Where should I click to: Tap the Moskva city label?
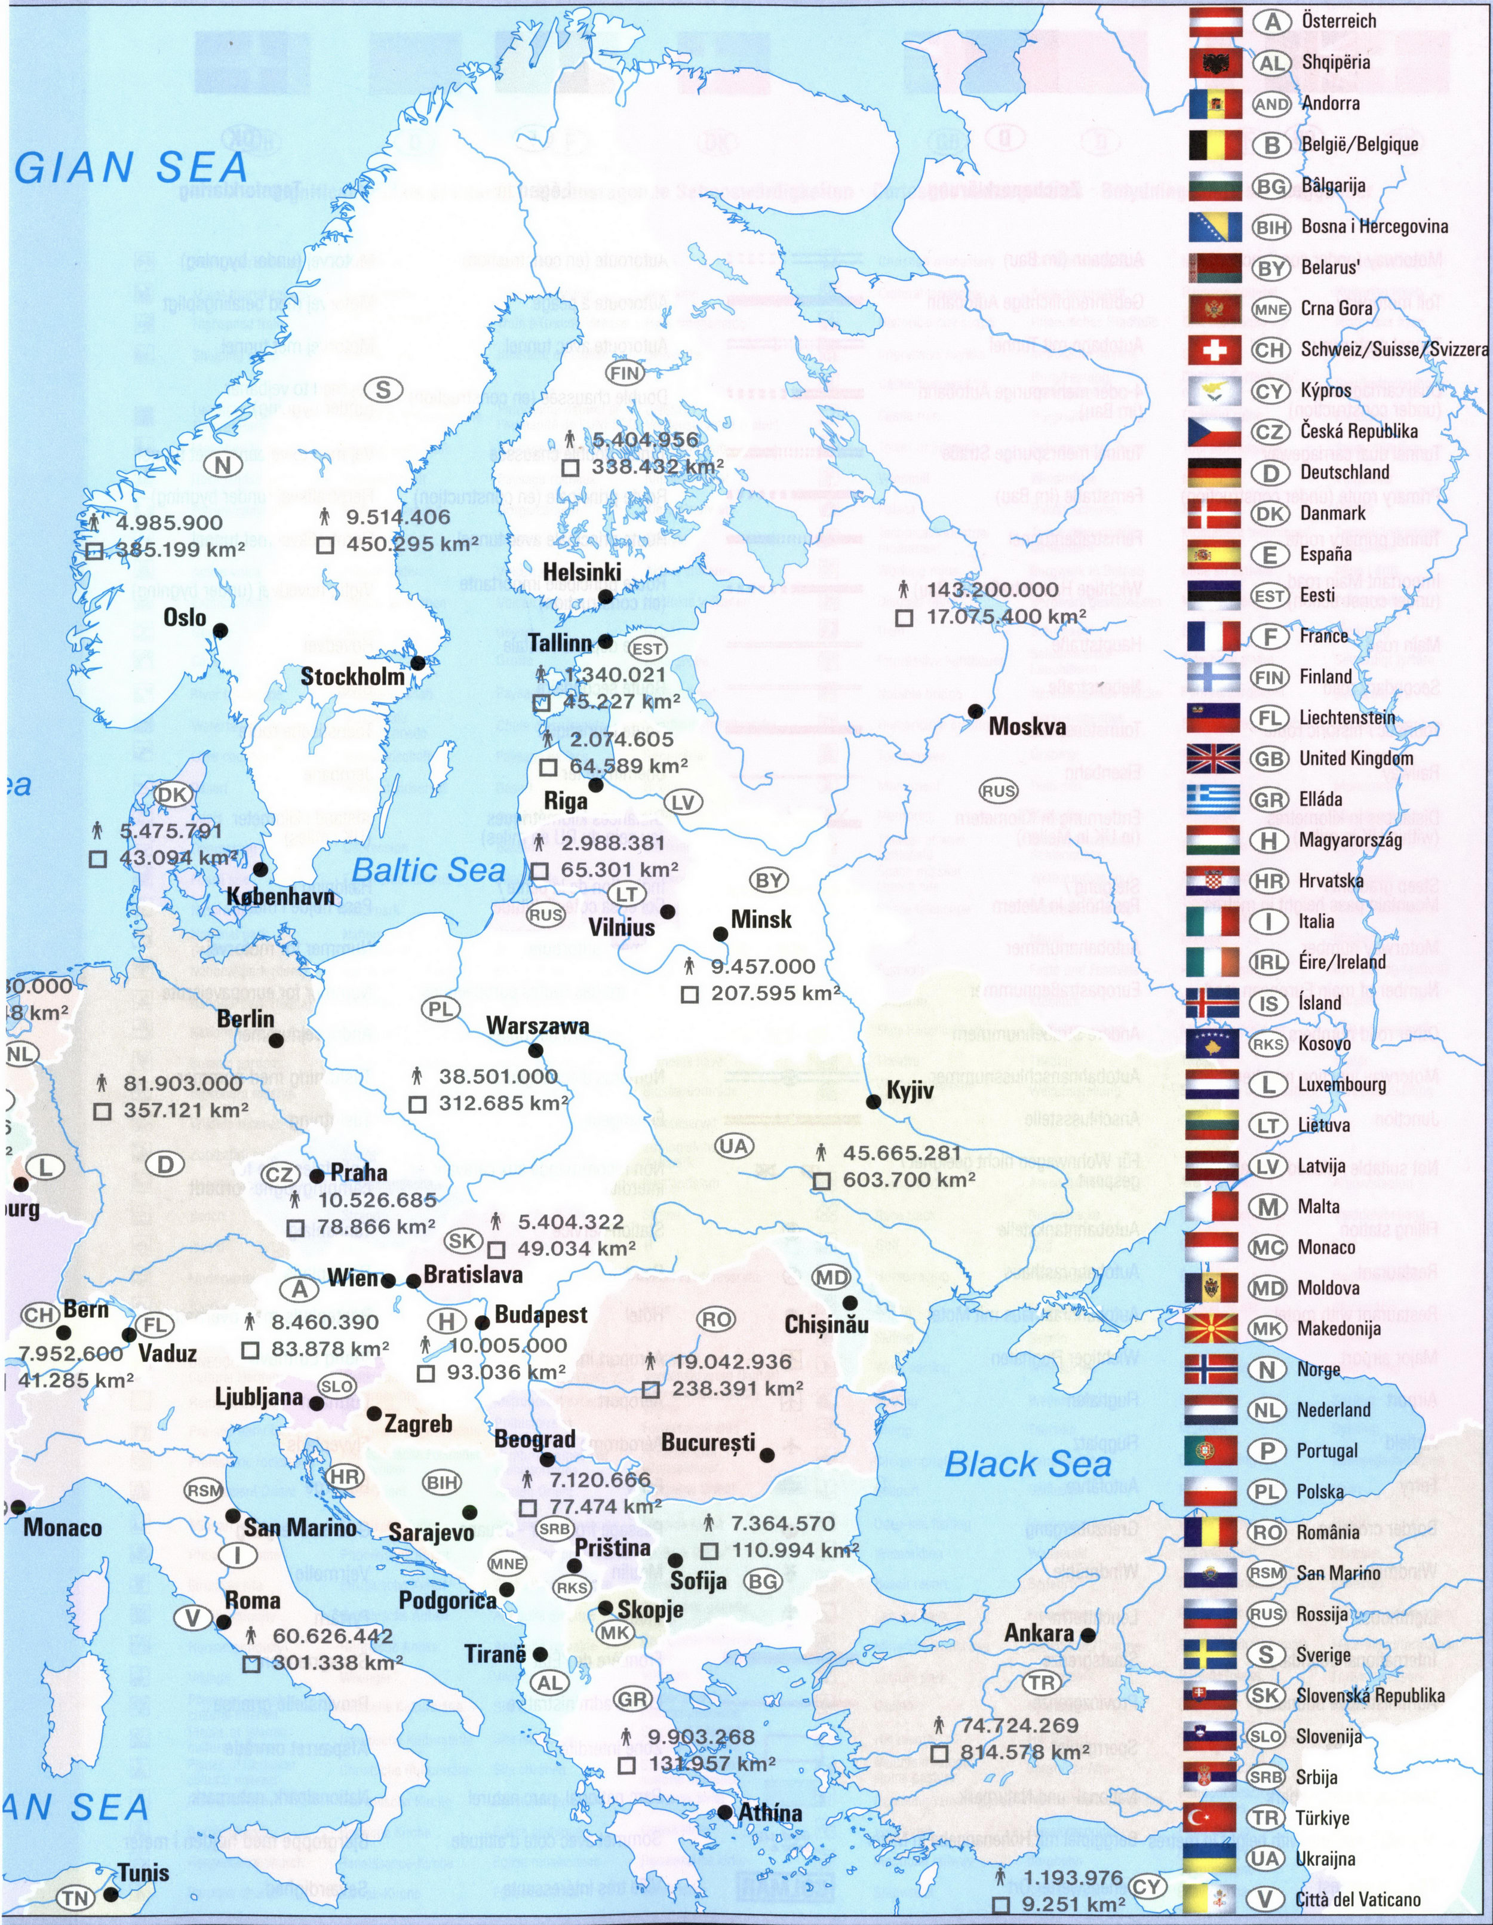1027,726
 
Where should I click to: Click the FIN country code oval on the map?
624,373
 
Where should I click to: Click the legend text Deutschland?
1344,472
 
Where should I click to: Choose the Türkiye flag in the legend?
1210,1817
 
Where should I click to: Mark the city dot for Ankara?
1089,1634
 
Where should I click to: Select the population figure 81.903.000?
182,1083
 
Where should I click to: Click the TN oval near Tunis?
74,1898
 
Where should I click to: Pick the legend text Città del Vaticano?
1357,1899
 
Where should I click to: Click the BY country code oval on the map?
769,880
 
